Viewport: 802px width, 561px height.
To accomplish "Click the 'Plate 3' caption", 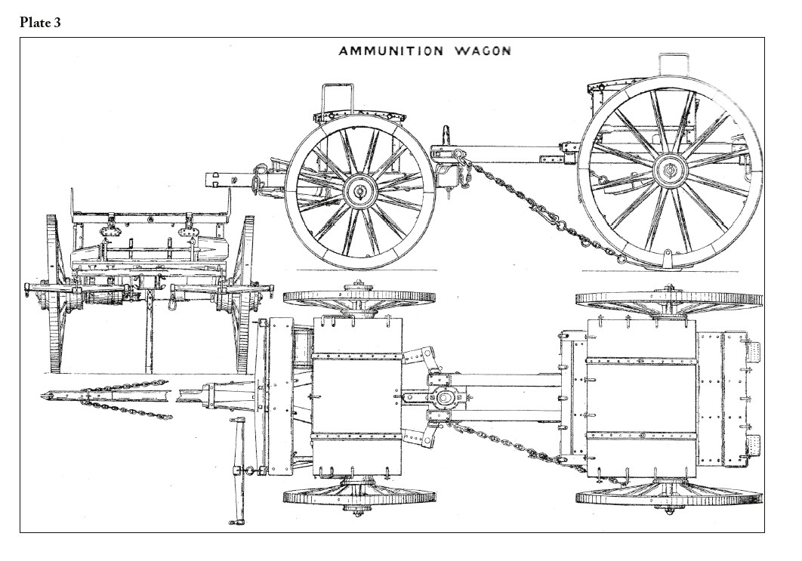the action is (x=41, y=23).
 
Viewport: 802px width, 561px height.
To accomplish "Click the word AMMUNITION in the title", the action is (x=391, y=51).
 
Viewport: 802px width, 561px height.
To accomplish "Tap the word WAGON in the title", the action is (x=483, y=51).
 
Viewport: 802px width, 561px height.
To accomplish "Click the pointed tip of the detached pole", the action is (x=42, y=396).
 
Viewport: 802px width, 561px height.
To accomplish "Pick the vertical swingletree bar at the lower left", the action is (x=236, y=470).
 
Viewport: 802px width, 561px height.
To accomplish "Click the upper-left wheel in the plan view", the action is (x=359, y=297).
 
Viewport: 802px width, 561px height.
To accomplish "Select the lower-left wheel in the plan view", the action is (x=359, y=495).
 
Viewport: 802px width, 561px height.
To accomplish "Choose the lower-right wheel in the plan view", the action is (x=668, y=496).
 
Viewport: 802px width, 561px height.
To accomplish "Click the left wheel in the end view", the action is (x=53, y=294).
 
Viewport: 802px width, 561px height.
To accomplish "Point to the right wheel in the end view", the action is (x=245, y=294).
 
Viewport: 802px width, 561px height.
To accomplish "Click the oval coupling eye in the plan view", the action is (x=443, y=398).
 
